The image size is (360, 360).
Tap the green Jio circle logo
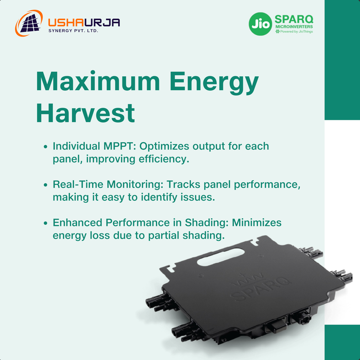pyautogui.click(x=260, y=24)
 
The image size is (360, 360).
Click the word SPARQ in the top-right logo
pyautogui.click(x=294, y=19)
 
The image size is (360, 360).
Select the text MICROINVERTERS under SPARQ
pyautogui.click(x=294, y=27)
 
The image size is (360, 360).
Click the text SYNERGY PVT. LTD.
pyautogui.click(x=73, y=31)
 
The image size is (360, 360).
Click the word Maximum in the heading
pyautogui.click(x=98, y=82)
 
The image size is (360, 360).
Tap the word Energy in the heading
pyautogui.click(x=214, y=83)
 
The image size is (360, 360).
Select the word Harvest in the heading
pyautogui.click(x=85, y=113)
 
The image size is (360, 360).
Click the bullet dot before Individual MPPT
pyautogui.click(x=45, y=147)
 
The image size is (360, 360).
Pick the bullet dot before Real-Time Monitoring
pyautogui.click(x=45, y=185)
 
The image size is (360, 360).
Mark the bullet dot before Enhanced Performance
pyautogui.click(x=45, y=223)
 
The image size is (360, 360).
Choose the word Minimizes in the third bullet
pyautogui.click(x=257, y=223)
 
